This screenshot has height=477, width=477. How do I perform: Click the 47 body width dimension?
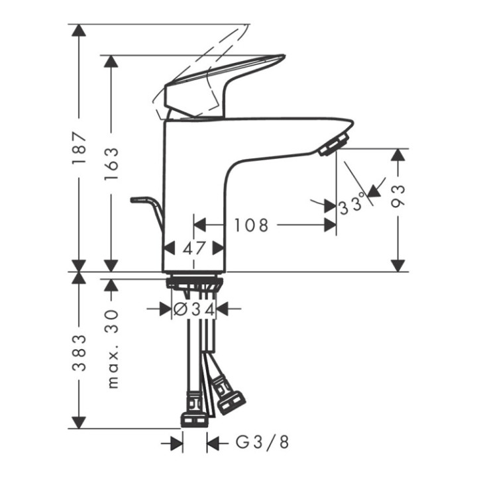point(194,248)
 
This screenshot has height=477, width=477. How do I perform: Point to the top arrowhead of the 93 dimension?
point(398,155)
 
